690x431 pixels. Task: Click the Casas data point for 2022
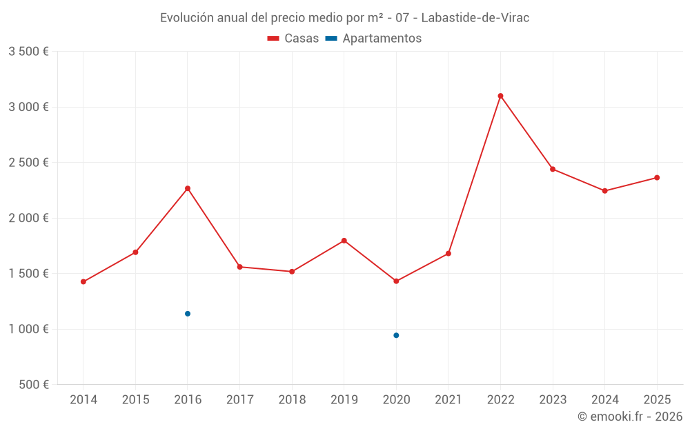click(x=500, y=96)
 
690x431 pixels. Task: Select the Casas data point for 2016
click(x=188, y=188)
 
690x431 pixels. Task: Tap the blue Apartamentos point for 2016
click(x=188, y=314)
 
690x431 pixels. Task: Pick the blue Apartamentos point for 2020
click(x=396, y=335)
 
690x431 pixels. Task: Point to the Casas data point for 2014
click(x=83, y=281)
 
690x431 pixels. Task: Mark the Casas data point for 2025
click(x=657, y=178)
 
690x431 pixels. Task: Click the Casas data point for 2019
click(x=344, y=241)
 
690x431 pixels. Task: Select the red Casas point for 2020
click(x=396, y=281)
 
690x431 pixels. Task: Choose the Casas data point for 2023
click(x=553, y=169)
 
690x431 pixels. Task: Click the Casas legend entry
click(x=293, y=39)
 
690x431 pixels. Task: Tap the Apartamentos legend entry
click(x=373, y=39)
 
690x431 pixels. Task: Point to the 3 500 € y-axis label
click(x=28, y=52)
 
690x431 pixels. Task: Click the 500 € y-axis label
click(x=33, y=385)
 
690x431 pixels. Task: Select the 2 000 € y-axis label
click(x=28, y=218)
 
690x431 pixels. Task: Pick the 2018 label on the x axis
click(x=292, y=400)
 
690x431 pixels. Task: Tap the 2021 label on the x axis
click(x=448, y=400)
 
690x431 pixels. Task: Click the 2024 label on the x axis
click(x=604, y=400)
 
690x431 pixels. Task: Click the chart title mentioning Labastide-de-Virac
click(x=345, y=18)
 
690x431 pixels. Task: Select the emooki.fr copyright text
click(x=630, y=417)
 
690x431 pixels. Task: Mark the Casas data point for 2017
click(x=239, y=267)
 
